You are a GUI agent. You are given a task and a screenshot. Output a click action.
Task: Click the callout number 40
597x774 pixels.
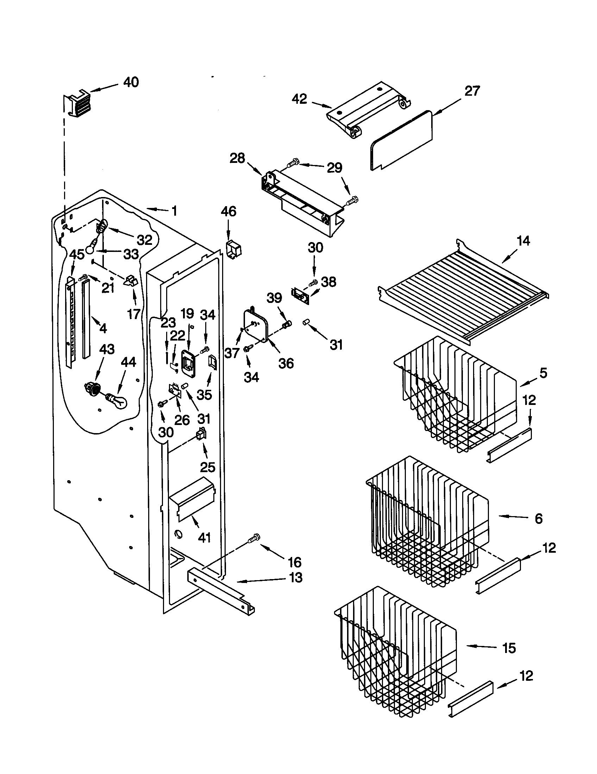click(x=131, y=82)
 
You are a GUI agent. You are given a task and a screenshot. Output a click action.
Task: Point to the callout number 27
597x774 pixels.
click(x=472, y=91)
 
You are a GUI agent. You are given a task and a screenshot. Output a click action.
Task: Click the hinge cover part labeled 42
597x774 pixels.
click(x=369, y=110)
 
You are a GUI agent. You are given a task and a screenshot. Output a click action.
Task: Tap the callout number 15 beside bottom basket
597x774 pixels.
click(x=509, y=648)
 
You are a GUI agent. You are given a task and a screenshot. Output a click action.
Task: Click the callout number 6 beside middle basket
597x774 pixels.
click(x=538, y=519)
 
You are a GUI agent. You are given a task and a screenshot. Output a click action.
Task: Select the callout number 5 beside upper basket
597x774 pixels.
click(x=543, y=373)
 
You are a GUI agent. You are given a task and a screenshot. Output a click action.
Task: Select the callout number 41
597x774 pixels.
click(x=205, y=538)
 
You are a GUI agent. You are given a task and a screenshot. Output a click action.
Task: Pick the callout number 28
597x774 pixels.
click(x=237, y=158)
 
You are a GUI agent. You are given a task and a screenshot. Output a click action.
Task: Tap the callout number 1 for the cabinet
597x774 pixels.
click(x=173, y=211)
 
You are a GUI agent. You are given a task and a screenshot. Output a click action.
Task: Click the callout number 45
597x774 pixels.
click(x=77, y=254)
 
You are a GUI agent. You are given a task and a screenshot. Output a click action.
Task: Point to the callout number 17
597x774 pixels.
click(x=134, y=313)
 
